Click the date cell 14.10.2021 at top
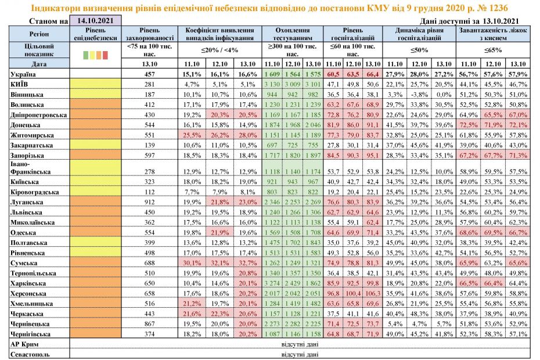[95, 20]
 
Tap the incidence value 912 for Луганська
[149, 202]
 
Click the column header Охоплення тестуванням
[293, 34]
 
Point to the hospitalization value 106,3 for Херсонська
[373, 293]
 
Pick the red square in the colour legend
[105, 55]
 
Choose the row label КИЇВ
[19, 84]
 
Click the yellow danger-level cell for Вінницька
[95, 94]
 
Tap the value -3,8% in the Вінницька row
[419, 94]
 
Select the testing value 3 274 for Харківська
[272, 283]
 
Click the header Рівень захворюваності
[150, 34]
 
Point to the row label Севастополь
[30, 354]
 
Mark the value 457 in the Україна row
[149, 74]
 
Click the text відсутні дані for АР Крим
[300, 344]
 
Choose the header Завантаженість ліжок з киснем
[493, 34]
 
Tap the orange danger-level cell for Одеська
[95, 232]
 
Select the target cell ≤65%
[493, 50]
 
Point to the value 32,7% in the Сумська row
[247, 263]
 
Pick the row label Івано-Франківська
[30, 168]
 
